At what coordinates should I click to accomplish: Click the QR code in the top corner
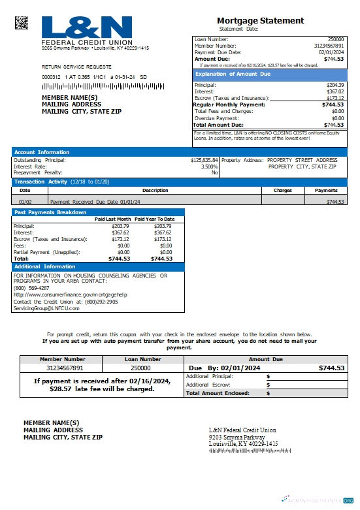coord(23,23)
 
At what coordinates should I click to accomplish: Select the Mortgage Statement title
coord(260,21)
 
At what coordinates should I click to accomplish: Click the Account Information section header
coord(42,152)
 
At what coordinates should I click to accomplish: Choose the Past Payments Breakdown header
coord(50,212)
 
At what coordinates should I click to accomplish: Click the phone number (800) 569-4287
coord(31,288)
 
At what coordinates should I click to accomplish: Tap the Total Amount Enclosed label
coord(218,393)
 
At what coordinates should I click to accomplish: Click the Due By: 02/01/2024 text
coord(225,368)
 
